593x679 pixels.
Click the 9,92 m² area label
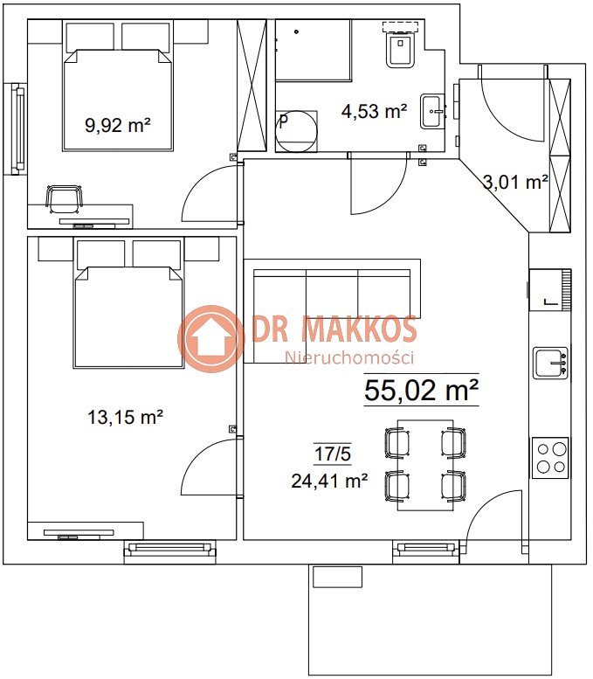pyautogui.click(x=118, y=125)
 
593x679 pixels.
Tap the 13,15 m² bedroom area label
pyautogui.click(x=125, y=417)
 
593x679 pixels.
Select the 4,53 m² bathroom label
pyautogui.click(x=374, y=111)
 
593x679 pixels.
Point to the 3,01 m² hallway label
pyautogui.click(x=515, y=182)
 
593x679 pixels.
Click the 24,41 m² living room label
pyautogui.click(x=329, y=481)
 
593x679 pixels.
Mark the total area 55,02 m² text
pyautogui.click(x=421, y=390)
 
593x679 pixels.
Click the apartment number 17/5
pyautogui.click(x=333, y=454)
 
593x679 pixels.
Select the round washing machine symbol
pyautogui.click(x=297, y=131)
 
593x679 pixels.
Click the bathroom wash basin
pyautogui.click(x=433, y=112)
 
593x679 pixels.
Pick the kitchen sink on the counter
pyautogui.click(x=550, y=363)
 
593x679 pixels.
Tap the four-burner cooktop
pyautogui.click(x=550, y=458)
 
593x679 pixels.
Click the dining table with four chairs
pyautogui.click(x=425, y=465)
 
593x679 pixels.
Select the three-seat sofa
pyautogui.click(x=332, y=311)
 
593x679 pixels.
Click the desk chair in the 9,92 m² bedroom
pyautogui.click(x=64, y=198)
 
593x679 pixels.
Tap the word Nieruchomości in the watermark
pyautogui.click(x=348, y=357)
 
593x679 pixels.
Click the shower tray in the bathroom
pyautogui.click(x=313, y=50)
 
